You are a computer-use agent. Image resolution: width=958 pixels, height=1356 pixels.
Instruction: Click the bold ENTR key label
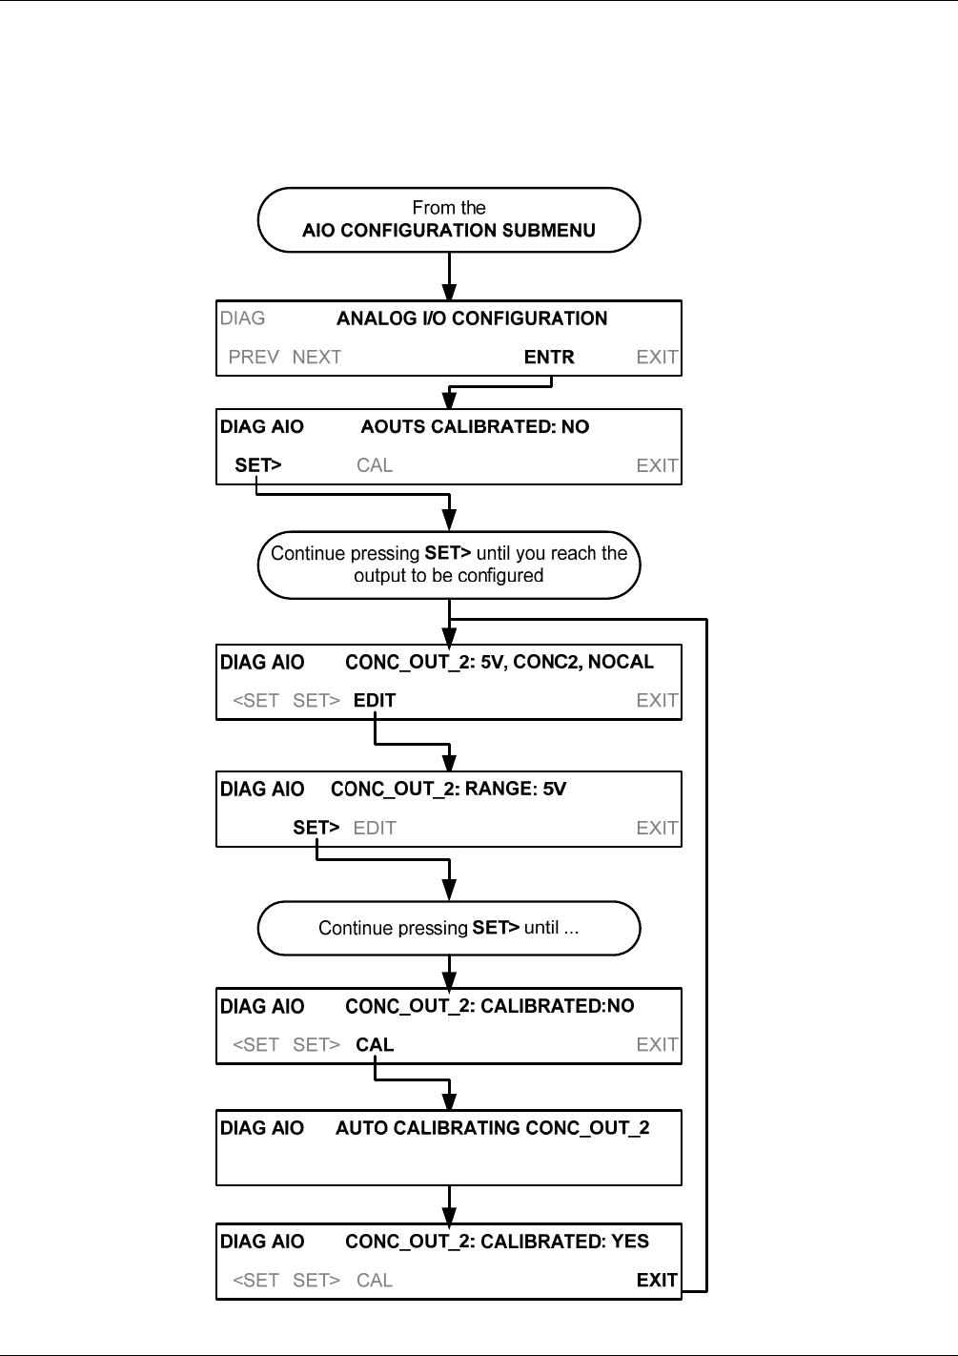coord(549,358)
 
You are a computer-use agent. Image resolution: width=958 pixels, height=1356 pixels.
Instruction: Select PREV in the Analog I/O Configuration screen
coord(254,358)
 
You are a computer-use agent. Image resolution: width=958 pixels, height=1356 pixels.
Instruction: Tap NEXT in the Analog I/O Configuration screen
coord(316,358)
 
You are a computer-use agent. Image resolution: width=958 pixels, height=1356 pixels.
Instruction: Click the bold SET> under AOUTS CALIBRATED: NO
coord(257,465)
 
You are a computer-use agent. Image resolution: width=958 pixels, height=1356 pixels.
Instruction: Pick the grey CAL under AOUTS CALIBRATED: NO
coord(374,465)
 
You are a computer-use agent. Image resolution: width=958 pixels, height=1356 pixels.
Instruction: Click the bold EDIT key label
coord(374,700)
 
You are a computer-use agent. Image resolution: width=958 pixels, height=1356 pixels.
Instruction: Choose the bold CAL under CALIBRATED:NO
coord(375,1044)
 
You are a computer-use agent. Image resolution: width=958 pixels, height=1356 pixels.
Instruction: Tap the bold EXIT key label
coord(657,1280)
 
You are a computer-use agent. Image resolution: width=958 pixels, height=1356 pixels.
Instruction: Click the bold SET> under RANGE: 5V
coord(316,827)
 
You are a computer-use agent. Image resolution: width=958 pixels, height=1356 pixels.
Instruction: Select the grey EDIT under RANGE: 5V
coord(374,828)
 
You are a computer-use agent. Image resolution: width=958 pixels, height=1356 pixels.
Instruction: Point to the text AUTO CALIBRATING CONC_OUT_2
coord(493,1128)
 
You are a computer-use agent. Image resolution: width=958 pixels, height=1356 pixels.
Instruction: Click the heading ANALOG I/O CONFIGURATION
coord(472,318)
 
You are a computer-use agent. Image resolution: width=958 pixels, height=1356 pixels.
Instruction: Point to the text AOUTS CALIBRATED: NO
coord(475,427)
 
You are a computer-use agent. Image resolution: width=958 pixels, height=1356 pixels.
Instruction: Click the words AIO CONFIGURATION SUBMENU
coord(448,231)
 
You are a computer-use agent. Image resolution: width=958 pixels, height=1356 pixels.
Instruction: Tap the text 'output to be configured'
coord(448,575)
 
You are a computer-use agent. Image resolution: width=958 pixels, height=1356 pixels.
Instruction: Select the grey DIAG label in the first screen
coord(242,318)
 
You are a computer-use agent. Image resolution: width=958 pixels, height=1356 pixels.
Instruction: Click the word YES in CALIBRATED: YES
coord(630,1242)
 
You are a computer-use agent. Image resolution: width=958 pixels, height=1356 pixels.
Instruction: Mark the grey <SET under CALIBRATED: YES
coord(255,1281)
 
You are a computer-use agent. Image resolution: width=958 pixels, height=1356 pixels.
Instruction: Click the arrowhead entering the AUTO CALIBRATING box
coord(449,1099)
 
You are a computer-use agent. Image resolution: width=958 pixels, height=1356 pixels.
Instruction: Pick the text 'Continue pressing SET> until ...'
coord(448,928)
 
